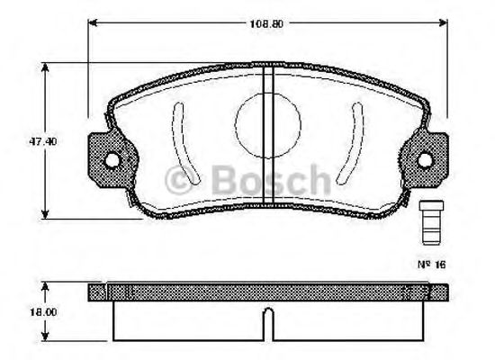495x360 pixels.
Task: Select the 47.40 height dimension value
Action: (x=30, y=140)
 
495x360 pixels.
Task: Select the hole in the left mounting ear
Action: (x=112, y=161)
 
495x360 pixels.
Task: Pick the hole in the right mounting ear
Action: (x=426, y=161)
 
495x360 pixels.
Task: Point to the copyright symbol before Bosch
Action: (x=186, y=176)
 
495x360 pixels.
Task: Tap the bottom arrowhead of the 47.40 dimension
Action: (x=48, y=214)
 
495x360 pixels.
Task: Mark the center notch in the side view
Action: (x=267, y=319)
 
